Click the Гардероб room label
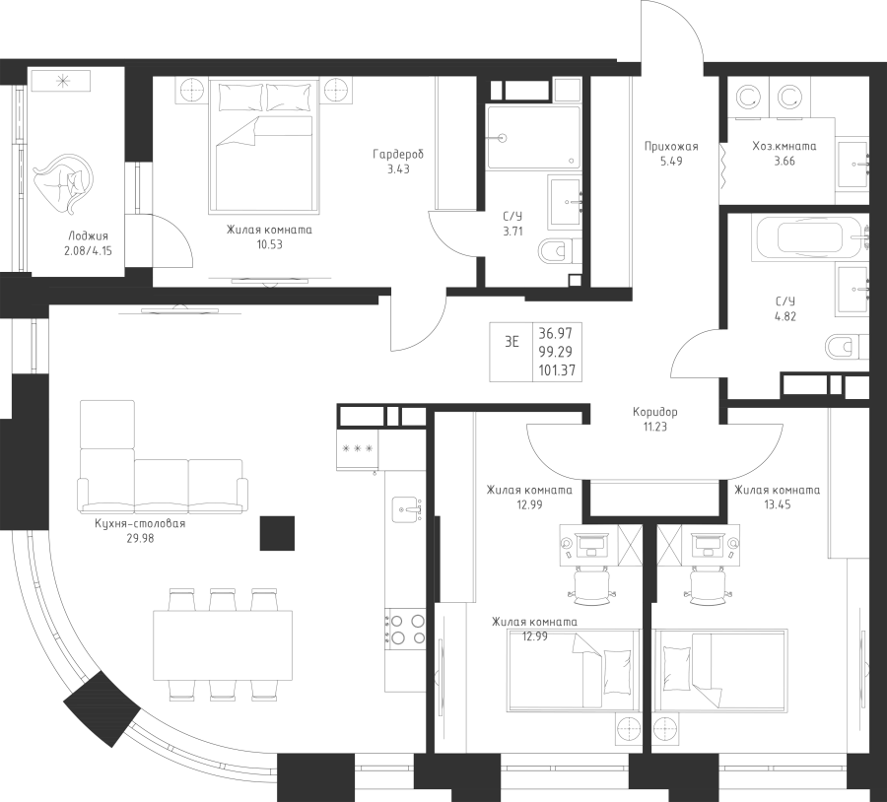click(398, 155)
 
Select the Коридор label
click(655, 412)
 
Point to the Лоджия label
click(89, 236)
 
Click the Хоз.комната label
click(784, 146)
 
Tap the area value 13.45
click(776, 503)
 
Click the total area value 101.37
click(557, 370)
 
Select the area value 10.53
click(268, 244)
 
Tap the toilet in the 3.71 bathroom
click(555, 252)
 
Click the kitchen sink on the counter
click(407, 509)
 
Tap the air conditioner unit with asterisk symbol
click(62, 81)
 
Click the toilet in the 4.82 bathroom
click(843, 346)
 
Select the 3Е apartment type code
click(512, 342)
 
